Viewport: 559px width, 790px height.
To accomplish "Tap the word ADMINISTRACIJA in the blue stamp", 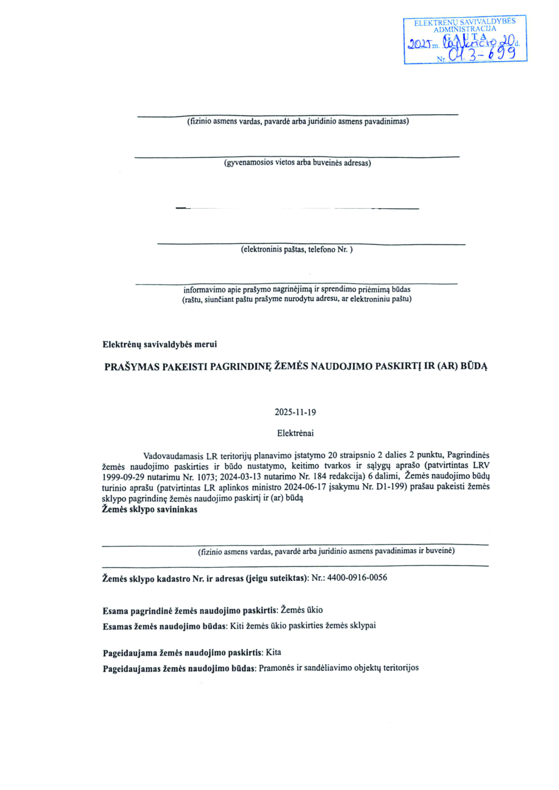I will pyautogui.click(x=465, y=29).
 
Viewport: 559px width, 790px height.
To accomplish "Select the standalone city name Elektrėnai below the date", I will pyautogui.click(x=295, y=433).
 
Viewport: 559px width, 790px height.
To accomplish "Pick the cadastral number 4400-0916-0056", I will pyautogui.click(x=357, y=578).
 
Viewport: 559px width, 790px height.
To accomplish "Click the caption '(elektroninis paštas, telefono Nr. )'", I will pyautogui.click(x=296, y=249).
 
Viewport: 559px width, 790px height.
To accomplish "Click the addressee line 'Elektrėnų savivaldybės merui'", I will pyautogui.click(x=160, y=344).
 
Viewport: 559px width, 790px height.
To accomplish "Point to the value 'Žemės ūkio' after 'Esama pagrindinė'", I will pyautogui.click(x=302, y=610).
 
